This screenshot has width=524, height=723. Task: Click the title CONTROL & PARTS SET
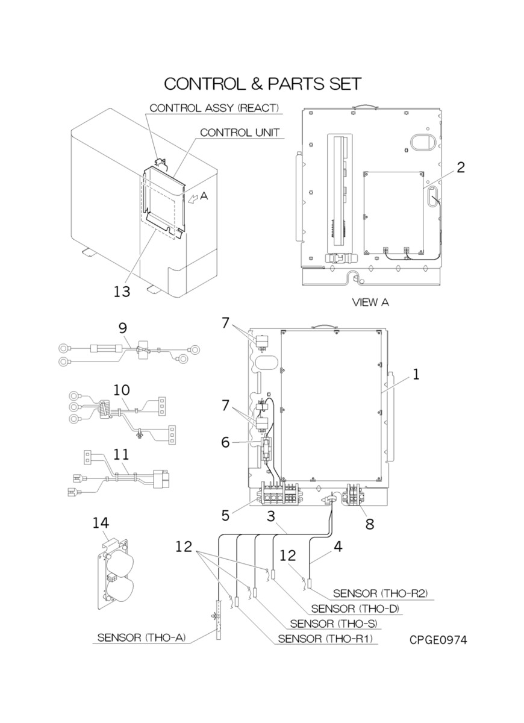point(263,83)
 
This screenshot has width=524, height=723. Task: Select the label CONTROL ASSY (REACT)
point(214,108)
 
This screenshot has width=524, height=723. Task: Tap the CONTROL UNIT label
point(240,133)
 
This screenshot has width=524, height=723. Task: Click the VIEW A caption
point(370,302)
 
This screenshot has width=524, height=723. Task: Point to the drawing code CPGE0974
point(438,639)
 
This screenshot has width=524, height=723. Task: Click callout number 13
point(122,292)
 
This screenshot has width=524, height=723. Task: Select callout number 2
point(460,167)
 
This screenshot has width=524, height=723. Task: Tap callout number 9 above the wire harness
point(122,328)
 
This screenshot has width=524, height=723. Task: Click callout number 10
point(122,389)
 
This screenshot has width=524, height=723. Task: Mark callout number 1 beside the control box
point(416,374)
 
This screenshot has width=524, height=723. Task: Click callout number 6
point(226,442)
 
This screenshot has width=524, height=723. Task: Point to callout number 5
point(226,516)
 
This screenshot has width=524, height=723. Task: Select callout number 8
point(369,524)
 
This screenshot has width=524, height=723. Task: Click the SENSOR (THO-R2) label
point(380,593)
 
